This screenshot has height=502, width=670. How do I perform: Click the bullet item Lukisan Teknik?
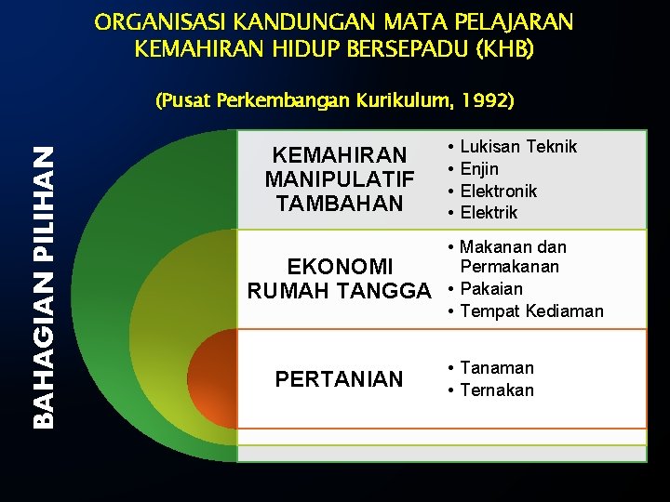(x=518, y=147)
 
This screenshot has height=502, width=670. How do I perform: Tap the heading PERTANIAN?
(x=339, y=379)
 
